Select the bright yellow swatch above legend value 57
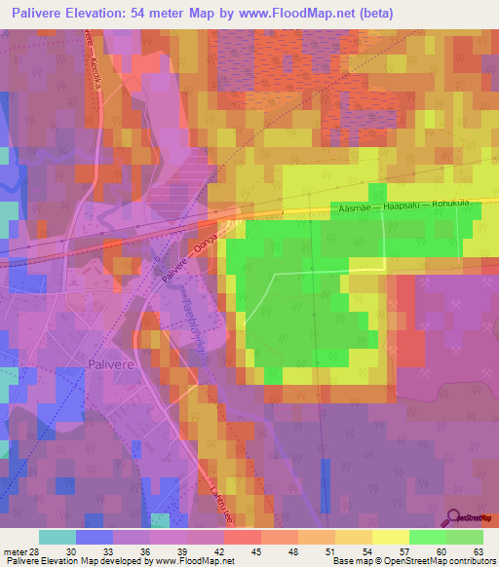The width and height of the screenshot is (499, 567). pyautogui.click(x=390, y=537)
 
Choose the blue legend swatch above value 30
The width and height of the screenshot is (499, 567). pyautogui.click(x=95, y=537)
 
